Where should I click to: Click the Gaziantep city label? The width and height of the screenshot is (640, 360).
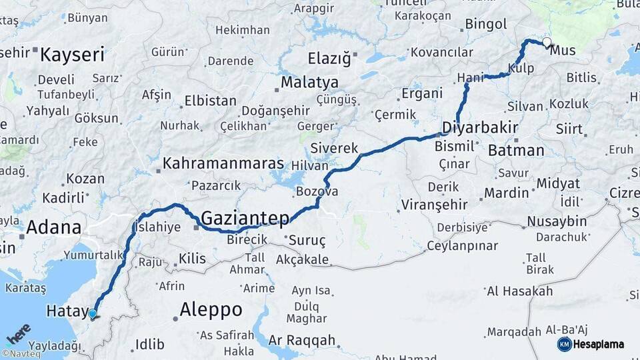tap(245, 218)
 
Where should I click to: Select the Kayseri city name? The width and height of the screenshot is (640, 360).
tap(73, 54)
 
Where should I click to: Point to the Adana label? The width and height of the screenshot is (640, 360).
tap(53, 228)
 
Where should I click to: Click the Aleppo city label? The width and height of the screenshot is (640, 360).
tap(211, 310)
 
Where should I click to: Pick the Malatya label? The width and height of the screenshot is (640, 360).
tap(309, 83)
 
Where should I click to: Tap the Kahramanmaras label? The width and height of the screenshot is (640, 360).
tap(223, 163)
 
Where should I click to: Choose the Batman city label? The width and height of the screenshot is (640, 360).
tap(516, 150)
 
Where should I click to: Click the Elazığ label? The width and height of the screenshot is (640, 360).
tap(329, 58)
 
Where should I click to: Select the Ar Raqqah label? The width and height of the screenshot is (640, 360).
tap(303, 340)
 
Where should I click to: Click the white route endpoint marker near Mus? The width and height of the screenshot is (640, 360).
tap(547, 43)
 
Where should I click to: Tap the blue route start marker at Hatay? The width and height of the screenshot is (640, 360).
tap(92, 313)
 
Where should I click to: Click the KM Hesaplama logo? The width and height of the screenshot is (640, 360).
tap(591, 344)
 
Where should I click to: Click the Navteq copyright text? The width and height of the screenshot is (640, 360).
tap(21, 354)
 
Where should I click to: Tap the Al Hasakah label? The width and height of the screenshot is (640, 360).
tap(519, 291)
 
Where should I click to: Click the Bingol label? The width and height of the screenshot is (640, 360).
tap(486, 25)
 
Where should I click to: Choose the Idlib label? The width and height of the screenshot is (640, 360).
tap(149, 344)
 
